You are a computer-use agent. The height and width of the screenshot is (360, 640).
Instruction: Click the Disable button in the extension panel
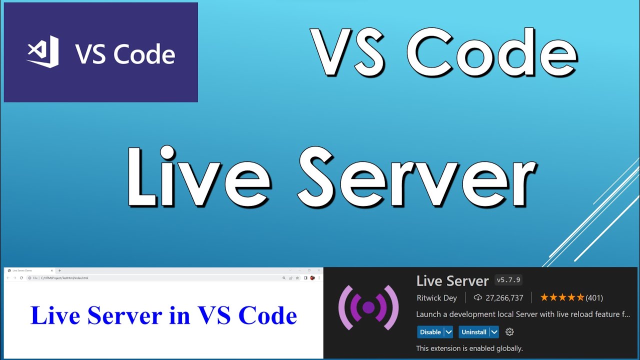pos(430,332)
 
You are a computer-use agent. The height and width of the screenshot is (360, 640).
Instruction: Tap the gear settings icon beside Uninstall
pos(509,332)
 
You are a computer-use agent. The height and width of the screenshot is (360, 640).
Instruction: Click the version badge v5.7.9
pos(508,280)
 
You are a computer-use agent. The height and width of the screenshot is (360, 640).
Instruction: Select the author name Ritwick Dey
pos(436,298)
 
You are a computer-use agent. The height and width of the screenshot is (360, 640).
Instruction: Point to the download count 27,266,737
pos(504,298)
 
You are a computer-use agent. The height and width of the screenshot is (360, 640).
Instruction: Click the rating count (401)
pos(594,298)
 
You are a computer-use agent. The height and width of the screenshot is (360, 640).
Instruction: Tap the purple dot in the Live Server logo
pos(368,307)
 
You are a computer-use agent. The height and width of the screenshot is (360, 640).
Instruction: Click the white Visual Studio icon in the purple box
pos(43,52)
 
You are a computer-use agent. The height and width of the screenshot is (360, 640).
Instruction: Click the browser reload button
pos(21,278)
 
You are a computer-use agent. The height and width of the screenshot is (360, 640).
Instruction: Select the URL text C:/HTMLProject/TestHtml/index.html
pos(64,278)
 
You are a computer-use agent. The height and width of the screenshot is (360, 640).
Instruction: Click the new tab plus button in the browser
pos(60,270)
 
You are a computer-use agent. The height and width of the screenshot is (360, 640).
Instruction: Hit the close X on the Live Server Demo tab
pos(51,270)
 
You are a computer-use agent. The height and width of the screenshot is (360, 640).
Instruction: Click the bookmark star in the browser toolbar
pos(297,278)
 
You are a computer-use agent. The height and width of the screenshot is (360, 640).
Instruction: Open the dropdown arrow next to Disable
pos(448,332)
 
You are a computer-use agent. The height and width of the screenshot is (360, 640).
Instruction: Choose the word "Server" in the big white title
pos(417,177)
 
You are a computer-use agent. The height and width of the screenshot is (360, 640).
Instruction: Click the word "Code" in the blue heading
pos(267,315)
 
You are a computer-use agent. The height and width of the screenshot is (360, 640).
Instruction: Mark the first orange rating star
pos(544,298)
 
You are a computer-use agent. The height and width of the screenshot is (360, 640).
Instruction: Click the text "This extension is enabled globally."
pos(469,348)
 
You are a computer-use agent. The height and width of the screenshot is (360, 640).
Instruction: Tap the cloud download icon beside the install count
pos(477,298)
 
